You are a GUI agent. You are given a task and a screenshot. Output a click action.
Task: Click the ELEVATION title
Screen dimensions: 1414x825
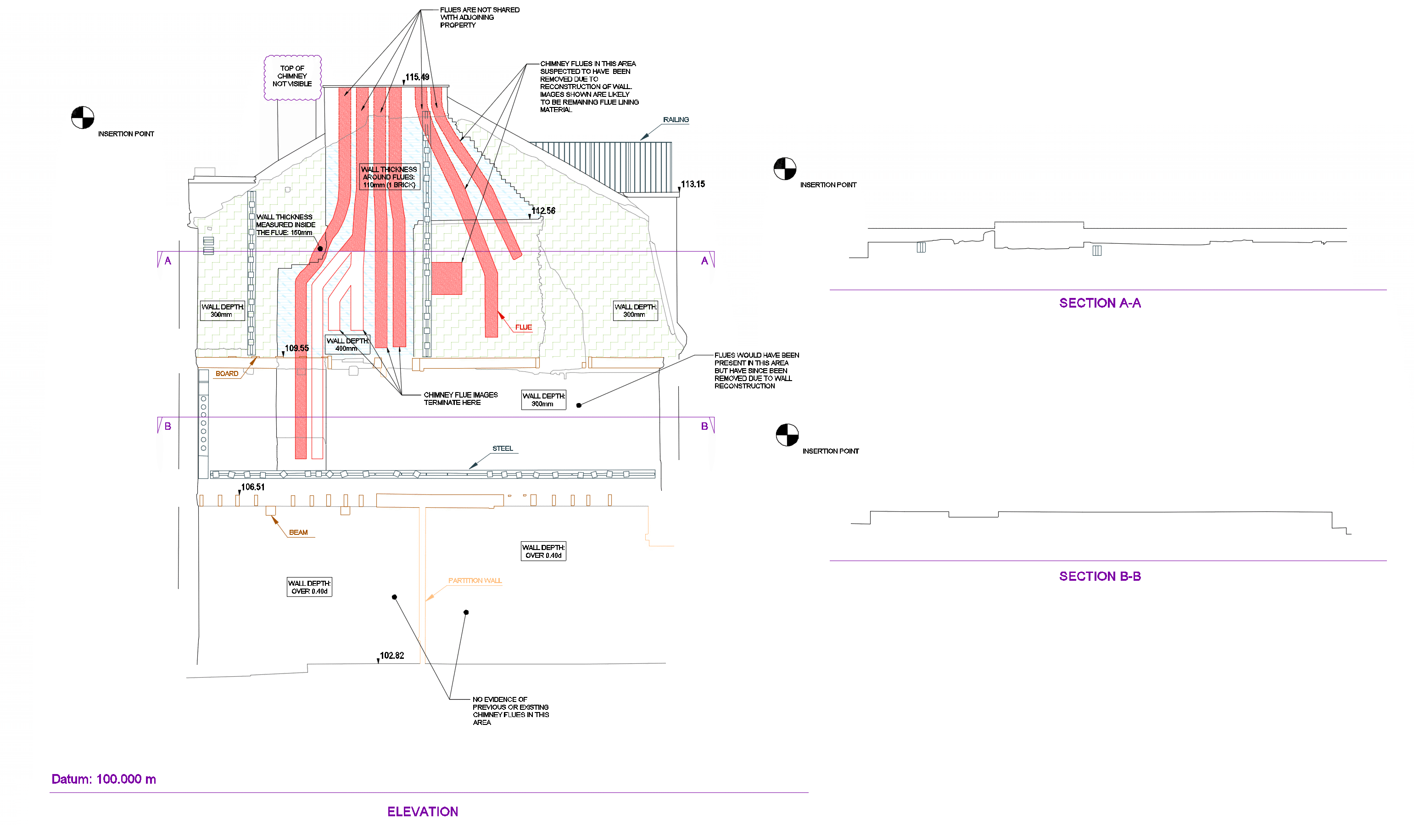[423, 812]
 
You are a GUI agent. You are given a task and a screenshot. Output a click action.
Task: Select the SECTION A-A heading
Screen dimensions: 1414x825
[1100, 303]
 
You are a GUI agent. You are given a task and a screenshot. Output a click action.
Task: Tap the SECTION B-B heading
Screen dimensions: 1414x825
[1100, 576]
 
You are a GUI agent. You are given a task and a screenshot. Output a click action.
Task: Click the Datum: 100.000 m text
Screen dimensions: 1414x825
[104, 779]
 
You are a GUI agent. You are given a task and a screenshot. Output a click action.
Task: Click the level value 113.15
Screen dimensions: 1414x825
[693, 184]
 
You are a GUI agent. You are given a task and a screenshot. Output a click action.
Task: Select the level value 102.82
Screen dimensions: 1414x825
[391, 656]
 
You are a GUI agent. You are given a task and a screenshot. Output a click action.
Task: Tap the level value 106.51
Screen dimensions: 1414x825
[252, 487]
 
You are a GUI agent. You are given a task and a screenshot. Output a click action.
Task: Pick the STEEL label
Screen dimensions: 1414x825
[503, 449]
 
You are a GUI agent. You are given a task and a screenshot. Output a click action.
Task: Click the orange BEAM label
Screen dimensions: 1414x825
[298, 533]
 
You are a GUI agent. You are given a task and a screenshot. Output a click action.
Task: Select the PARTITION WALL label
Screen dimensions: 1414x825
[475, 581]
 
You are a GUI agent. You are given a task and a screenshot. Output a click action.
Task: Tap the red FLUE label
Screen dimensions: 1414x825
[524, 327]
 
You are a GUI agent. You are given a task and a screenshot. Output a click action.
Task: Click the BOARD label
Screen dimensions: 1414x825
[227, 374]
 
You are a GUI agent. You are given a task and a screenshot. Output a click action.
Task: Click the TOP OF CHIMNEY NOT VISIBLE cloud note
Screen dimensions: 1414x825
[293, 78]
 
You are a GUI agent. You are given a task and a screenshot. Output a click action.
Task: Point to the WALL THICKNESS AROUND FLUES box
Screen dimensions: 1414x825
[389, 177]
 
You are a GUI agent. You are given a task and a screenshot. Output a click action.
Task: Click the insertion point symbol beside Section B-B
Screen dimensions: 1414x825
[787, 435]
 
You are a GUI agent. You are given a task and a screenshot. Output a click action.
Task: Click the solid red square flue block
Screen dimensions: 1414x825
[447, 278]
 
